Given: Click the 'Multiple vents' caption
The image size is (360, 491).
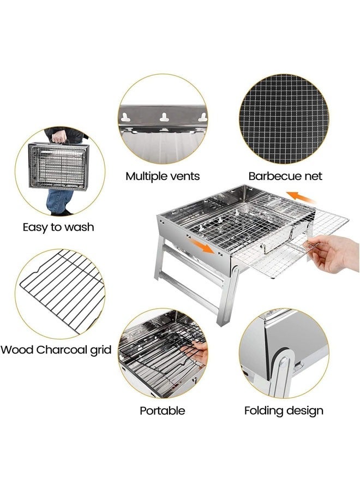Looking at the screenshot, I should point(163,176).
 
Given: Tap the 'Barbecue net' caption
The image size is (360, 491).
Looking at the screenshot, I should point(285,176).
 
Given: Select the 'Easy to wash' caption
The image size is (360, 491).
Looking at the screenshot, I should point(58,226).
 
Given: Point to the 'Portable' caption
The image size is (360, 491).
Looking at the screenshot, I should point(162,411).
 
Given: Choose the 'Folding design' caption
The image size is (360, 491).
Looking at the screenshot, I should point(284,411).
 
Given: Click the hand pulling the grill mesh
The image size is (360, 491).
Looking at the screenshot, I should point(336,254).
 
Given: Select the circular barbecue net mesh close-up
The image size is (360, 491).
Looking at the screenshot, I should point(284,119).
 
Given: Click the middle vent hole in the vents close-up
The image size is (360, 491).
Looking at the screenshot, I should point(163,116).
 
